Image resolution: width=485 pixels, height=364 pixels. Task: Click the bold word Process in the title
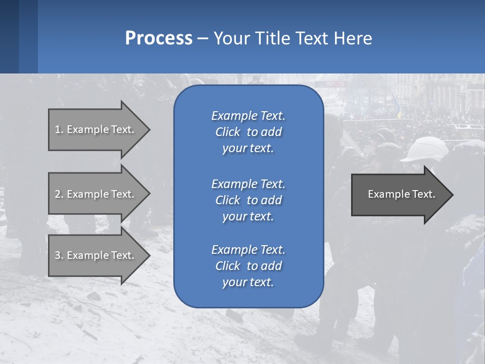[159, 38]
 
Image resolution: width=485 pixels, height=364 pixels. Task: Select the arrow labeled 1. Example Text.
[96, 129]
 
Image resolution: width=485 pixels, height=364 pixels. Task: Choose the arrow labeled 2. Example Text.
[96, 194]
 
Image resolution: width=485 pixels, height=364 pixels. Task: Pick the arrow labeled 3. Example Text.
[96, 255]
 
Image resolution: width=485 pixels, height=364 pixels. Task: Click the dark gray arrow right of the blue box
[399, 195]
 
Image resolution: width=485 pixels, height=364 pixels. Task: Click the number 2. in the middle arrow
[59, 194]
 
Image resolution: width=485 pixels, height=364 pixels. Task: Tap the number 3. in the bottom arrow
[59, 255]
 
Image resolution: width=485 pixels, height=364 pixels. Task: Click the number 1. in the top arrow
[59, 129]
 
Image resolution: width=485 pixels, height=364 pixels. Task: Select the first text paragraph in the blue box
[248, 132]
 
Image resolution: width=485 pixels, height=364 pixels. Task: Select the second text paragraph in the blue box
[248, 200]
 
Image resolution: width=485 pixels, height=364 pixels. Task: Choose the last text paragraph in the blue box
[248, 266]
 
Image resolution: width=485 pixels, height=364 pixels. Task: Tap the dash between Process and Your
[203, 38]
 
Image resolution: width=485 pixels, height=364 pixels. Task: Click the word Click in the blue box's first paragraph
[228, 132]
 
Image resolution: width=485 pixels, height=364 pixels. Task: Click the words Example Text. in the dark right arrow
[401, 194]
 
